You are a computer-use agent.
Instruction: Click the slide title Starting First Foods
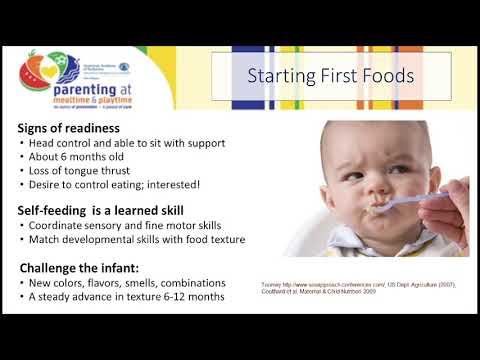[332, 76]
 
